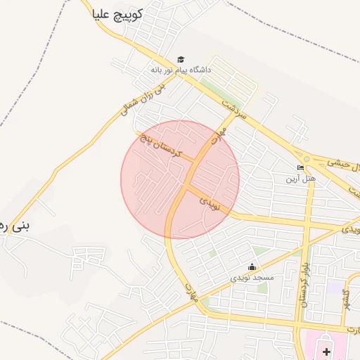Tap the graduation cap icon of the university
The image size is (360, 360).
click(181, 60)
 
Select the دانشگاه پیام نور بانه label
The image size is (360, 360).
click(181, 70)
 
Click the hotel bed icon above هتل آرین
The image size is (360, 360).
click(301, 168)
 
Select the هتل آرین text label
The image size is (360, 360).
click(300, 179)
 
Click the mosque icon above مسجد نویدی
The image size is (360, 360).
click(252, 267)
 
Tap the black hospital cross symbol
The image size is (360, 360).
click(326, 351)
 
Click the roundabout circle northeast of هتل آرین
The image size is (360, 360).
click(307, 159)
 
